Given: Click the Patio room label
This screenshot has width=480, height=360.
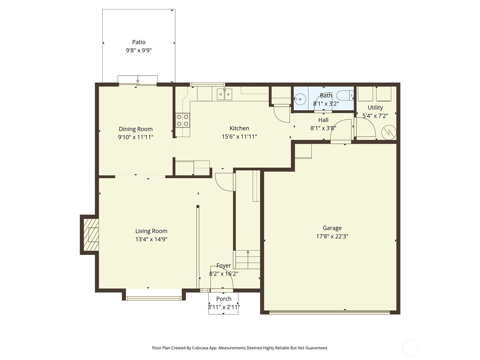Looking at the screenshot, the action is pyautogui.click(x=139, y=42).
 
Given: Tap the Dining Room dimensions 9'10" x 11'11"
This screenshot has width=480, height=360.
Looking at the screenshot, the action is pyautogui.click(x=136, y=137).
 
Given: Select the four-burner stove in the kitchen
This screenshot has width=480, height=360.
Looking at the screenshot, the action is pyautogui.click(x=183, y=120).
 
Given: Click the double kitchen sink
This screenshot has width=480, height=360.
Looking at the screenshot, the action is pyautogui.click(x=224, y=94).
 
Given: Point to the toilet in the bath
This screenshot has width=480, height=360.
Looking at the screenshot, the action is pyautogui.click(x=345, y=95).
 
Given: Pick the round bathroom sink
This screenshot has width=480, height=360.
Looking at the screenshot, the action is pyautogui.click(x=300, y=99).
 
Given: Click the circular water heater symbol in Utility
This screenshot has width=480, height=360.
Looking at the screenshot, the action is pyautogui.click(x=389, y=132).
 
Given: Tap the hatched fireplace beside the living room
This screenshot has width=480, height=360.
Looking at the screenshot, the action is pyautogui.click(x=91, y=235).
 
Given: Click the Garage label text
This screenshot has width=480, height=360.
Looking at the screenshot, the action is pyautogui.click(x=332, y=228).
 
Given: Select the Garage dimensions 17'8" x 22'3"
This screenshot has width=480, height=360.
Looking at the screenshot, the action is pyautogui.click(x=332, y=236).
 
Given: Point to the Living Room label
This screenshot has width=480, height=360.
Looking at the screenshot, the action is pyautogui.click(x=151, y=231).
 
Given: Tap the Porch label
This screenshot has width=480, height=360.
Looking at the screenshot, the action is pyautogui.click(x=224, y=299).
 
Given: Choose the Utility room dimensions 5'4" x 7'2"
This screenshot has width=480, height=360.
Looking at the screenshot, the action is pyautogui.click(x=375, y=115).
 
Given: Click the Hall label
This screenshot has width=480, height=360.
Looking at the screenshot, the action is pyautogui.click(x=323, y=120).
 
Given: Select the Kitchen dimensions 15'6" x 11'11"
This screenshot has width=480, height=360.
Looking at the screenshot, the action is pyautogui.click(x=239, y=136).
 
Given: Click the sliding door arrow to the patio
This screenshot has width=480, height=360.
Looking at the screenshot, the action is pyautogui.click(x=137, y=79).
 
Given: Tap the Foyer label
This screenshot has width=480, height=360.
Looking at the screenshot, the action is pyautogui.click(x=223, y=265).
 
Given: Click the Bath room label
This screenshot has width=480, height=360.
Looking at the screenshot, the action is pyautogui.click(x=326, y=95).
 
